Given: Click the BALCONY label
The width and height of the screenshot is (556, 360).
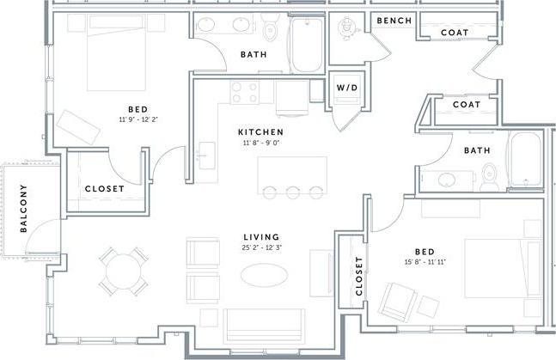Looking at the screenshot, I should click(x=24, y=210).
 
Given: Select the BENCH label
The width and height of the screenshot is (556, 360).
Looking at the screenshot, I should click(x=394, y=21).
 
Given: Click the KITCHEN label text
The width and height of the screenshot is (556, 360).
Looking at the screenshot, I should click(x=260, y=131).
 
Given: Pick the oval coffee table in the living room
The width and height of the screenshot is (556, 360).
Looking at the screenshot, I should click(x=264, y=275).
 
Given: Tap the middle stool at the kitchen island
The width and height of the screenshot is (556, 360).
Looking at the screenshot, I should click(x=292, y=191).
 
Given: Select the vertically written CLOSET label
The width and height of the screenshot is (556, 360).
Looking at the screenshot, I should click(x=359, y=278).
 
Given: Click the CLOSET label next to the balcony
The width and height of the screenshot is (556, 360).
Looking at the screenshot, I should click(x=104, y=188).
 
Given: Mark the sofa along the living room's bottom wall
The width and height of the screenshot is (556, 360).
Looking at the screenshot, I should click(x=264, y=326).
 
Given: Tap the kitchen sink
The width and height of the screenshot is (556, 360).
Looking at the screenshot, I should click(x=206, y=156).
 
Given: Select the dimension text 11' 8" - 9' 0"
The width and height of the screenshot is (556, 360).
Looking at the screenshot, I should click(x=260, y=144).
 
